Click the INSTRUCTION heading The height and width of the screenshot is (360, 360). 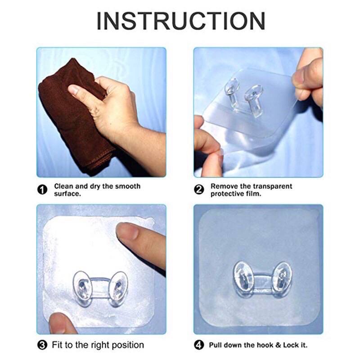click(x=181, y=21)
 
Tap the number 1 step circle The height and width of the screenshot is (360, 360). click(x=42, y=189)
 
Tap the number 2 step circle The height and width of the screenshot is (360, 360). click(x=199, y=189)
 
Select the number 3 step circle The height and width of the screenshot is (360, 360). click(x=42, y=345)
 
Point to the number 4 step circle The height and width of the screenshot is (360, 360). click(x=199, y=345)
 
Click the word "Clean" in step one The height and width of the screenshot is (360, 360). click(x=63, y=186)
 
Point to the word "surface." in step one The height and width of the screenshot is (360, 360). click(x=67, y=193)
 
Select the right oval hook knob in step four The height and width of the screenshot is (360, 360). click(x=282, y=279)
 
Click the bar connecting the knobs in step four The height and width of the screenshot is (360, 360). click(x=263, y=281)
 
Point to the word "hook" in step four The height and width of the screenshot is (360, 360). click(x=264, y=345)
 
